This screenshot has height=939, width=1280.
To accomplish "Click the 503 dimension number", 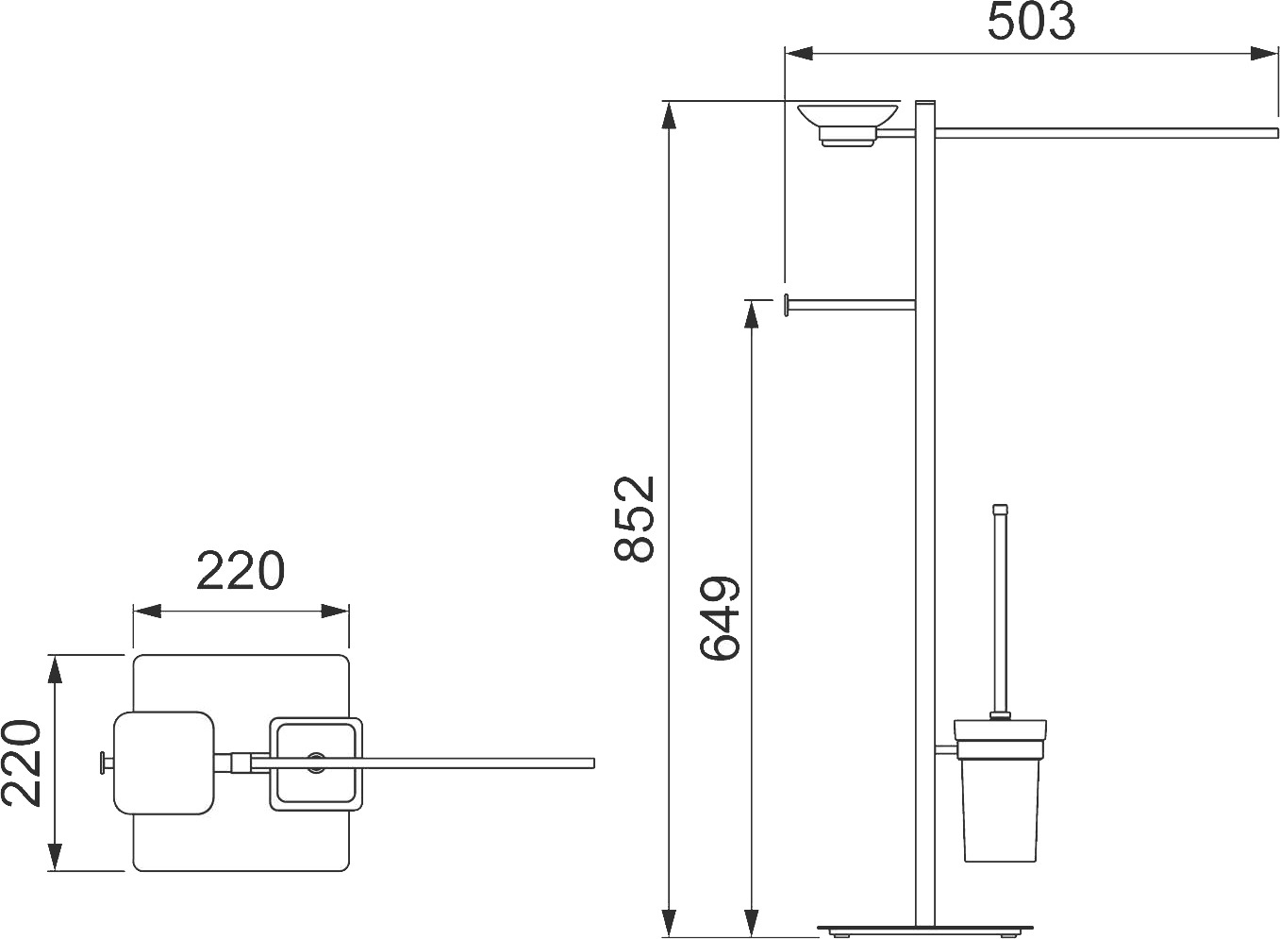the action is click(1031, 22).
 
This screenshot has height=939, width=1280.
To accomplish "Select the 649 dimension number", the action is click(720, 618).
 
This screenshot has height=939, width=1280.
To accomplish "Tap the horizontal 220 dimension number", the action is click(240, 570).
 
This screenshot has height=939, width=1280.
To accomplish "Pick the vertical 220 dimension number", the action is click(21, 763).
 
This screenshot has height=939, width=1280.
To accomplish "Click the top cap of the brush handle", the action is click(1000, 509).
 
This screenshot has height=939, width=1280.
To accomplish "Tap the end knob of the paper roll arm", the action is click(787, 305).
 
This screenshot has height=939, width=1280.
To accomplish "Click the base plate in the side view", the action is click(925, 927).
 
